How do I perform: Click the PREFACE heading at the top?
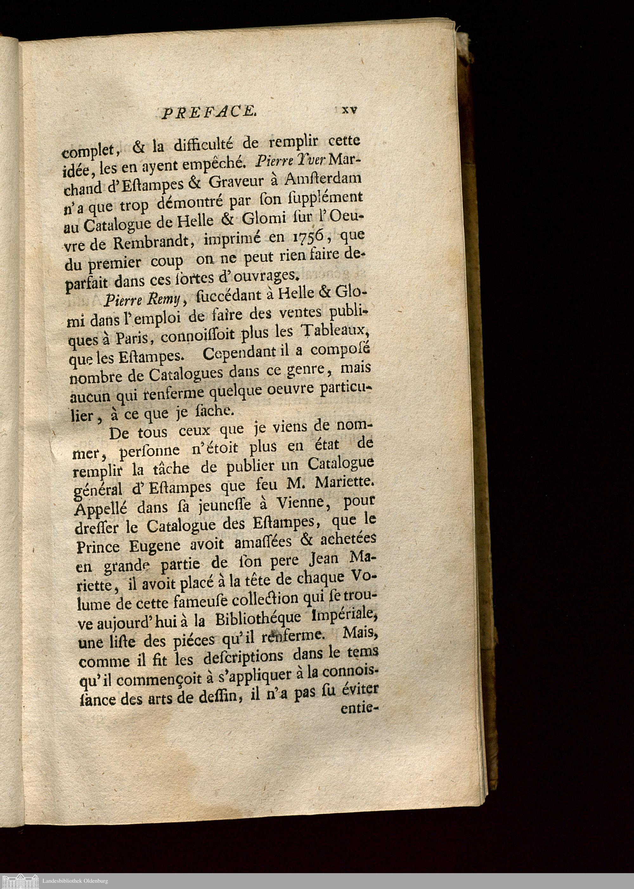coord(209,113)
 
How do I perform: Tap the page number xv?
coord(349,110)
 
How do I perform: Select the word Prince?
coord(98,546)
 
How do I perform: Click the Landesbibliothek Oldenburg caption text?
coord(74,881)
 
